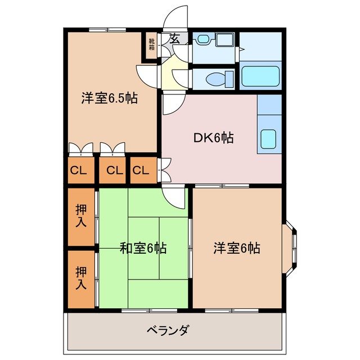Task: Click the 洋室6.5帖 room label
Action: tap(110, 98)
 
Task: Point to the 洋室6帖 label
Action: tap(236, 247)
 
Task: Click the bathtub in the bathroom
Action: tap(260, 77)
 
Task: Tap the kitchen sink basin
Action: tap(268, 138)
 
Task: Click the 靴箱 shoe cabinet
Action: tap(152, 44)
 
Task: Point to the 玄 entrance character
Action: tap(174, 39)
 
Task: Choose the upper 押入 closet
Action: tap(82, 215)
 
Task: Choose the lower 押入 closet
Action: tap(82, 277)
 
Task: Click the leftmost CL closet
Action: tap(79, 170)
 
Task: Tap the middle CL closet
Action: tap(114, 170)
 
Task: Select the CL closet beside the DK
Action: tap(141, 170)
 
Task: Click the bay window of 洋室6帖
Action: tap(293, 247)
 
